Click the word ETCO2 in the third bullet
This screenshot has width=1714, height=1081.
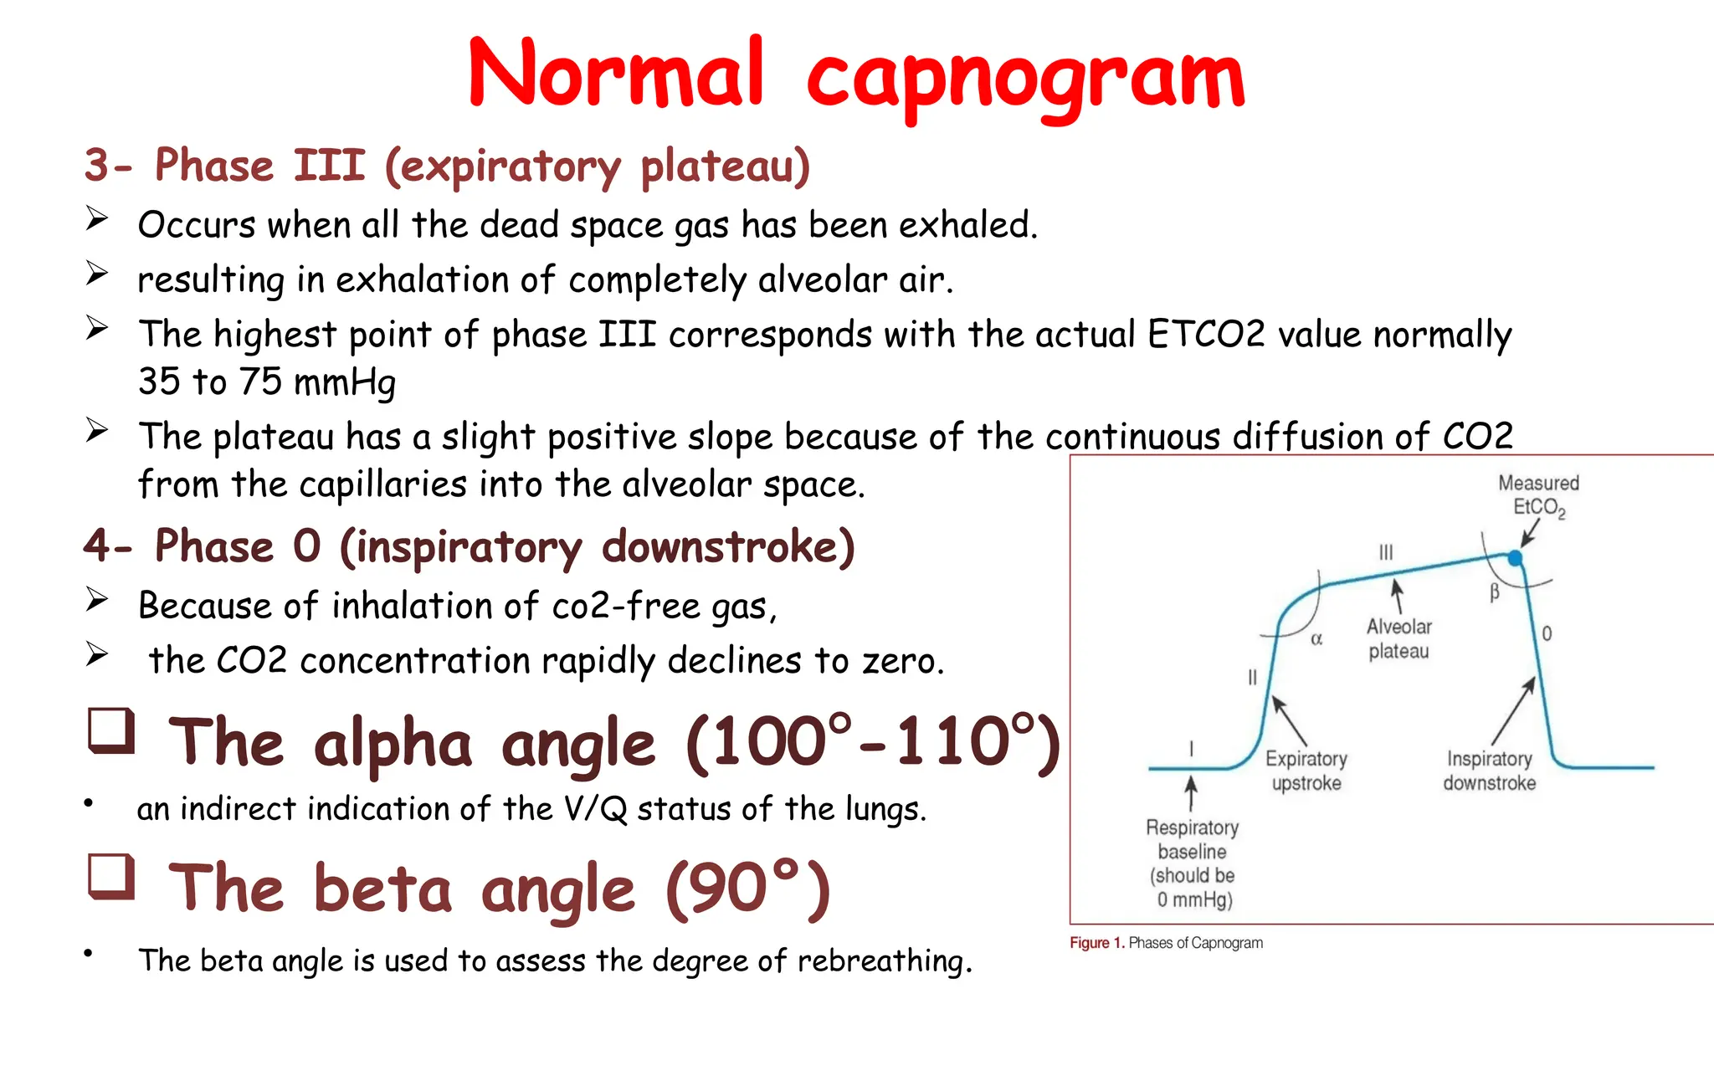click(x=1205, y=334)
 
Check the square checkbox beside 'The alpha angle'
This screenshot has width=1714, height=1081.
click(x=111, y=731)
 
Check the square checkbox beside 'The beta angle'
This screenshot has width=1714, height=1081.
click(x=111, y=876)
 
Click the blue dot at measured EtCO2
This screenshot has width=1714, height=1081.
click(x=1515, y=557)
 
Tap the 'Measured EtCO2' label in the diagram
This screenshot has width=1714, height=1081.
click(x=1538, y=495)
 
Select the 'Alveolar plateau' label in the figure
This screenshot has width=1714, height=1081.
click(x=1398, y=638)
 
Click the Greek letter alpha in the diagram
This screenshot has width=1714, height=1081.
click(x=1316, y=639)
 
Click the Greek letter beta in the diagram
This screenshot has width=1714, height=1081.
click(x=1494, y=592)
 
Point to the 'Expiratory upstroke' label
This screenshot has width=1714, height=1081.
click(x=1306, y=771)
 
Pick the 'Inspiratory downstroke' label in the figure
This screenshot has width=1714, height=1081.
click(x=1489, y=771)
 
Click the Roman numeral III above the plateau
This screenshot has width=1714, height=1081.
click(x=1386, y=552)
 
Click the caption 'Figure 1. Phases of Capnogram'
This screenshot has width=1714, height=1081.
click(x=1166, y=943)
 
